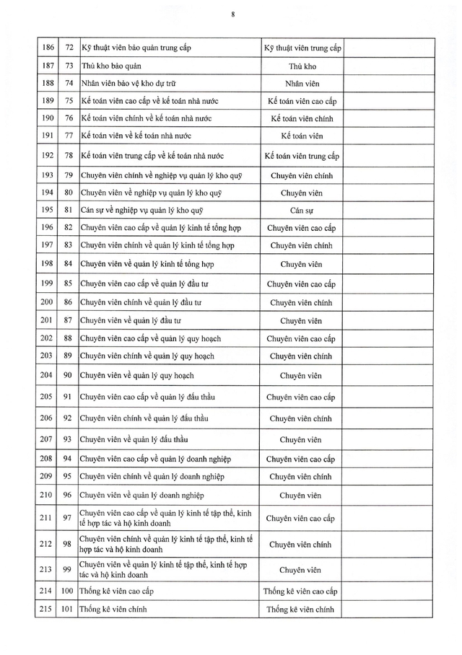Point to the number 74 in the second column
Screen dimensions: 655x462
(x=69, y=83)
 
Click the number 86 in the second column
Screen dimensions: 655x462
(x=69, y=302)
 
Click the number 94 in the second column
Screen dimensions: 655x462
(x=69, y=458)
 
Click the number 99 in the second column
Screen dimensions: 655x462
(x=69, y=570)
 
